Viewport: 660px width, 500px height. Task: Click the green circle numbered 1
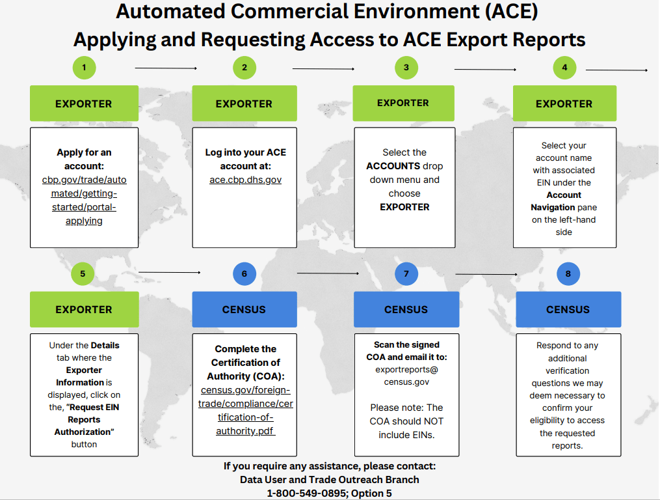(84, 67)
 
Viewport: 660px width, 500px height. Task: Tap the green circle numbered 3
(406, 67)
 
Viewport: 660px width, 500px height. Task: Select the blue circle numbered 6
(244, 273)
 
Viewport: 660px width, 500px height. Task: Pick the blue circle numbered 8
(568, 273)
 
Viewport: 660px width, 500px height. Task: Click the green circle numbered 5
(83, 273)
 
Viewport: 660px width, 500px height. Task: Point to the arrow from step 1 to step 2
(165, 68)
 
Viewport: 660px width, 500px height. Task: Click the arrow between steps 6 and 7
(327, 273)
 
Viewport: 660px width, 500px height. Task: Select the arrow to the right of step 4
(616, 70)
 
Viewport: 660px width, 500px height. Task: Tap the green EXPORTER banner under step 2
(244, 104)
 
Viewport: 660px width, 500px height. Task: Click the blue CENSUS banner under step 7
(406, 309)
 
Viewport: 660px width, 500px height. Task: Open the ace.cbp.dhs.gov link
(244, 180)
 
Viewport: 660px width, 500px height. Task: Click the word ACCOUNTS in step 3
(393, 166)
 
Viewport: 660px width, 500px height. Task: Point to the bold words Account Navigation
(564, 201)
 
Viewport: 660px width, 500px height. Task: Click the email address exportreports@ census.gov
(406, 376)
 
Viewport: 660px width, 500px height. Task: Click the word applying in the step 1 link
(84, 221)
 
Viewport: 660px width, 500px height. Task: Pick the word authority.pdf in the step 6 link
(245, 431)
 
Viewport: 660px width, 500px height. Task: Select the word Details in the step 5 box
(105, 345)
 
